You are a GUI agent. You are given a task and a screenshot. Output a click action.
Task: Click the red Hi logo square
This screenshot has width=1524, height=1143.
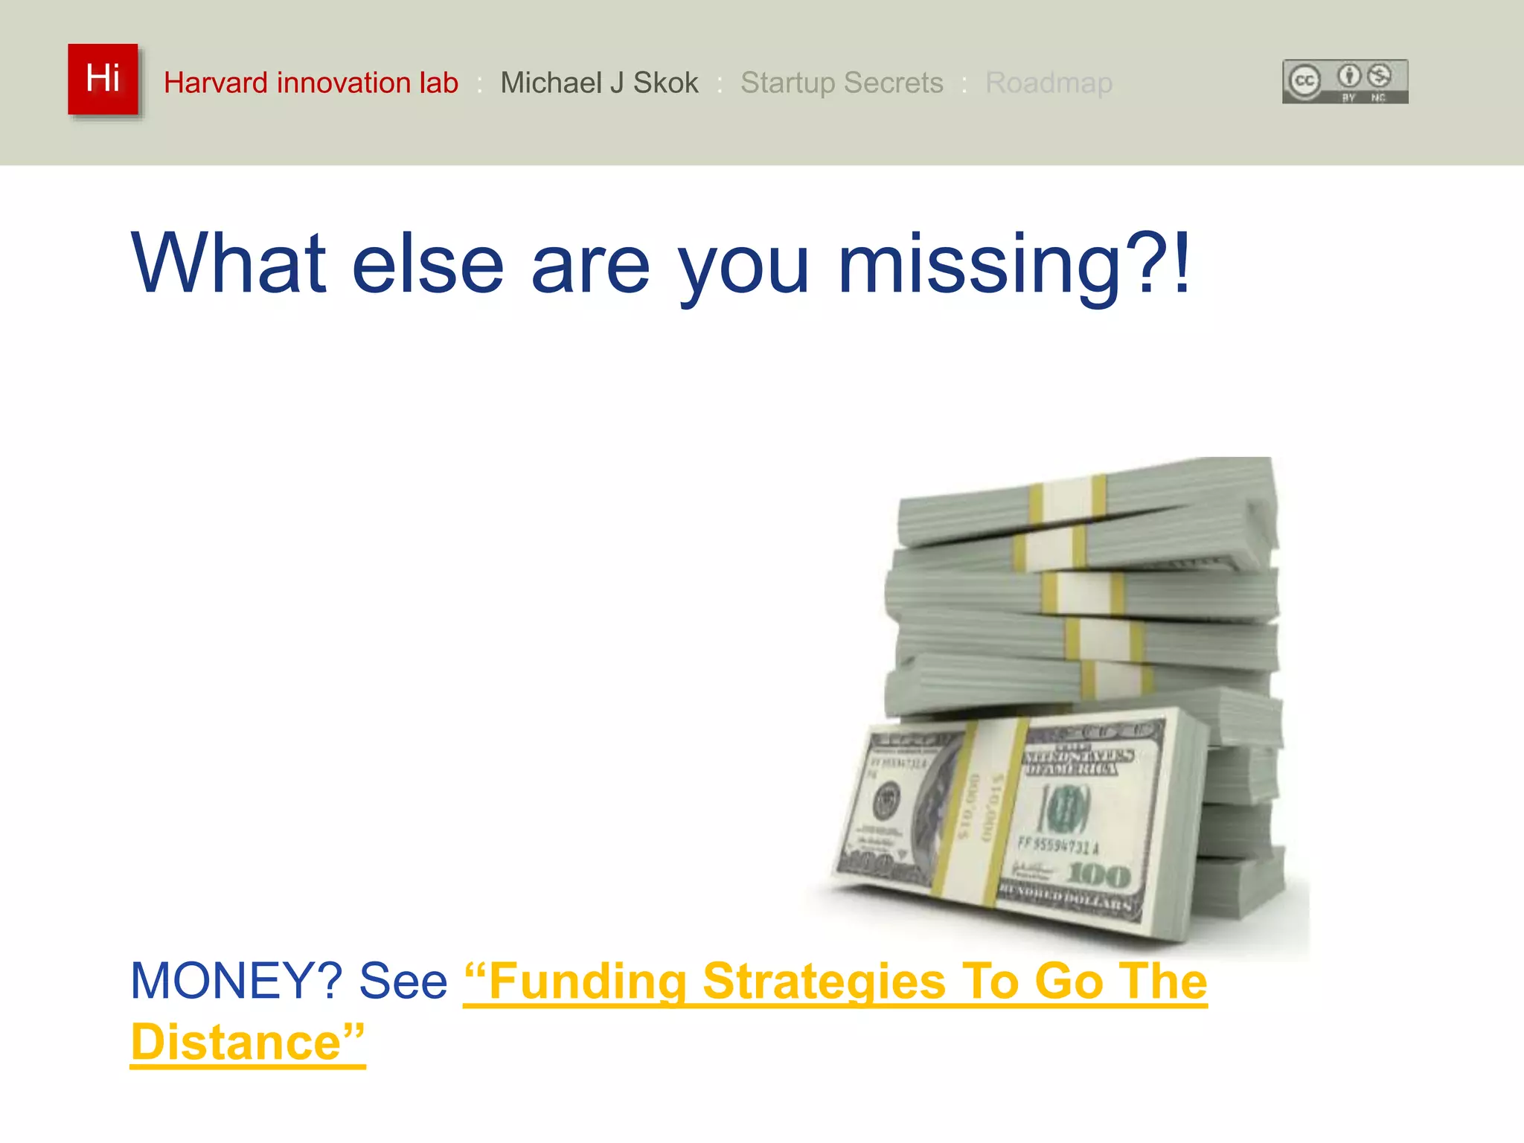(103, 79)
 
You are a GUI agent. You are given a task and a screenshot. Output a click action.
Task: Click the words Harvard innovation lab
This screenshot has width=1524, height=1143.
(310, 83)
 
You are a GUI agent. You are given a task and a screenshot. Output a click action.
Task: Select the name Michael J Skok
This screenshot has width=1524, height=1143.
(599, 83)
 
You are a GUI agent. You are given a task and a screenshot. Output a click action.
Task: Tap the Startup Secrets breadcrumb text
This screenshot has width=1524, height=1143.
(842, 83)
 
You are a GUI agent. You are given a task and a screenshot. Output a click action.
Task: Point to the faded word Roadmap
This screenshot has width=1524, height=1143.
(1048, 83)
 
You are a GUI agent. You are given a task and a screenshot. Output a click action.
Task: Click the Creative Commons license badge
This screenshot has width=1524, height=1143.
(1345, 81)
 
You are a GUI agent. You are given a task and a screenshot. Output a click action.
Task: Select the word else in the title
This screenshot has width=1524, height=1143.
(428, 264)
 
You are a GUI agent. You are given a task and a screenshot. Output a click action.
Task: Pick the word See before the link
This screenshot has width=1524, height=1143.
(403, 981)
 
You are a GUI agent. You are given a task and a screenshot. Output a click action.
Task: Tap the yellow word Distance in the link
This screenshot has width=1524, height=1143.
(236, 1042)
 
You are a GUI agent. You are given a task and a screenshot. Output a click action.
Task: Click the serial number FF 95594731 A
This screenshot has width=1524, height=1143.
(1057, 845)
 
